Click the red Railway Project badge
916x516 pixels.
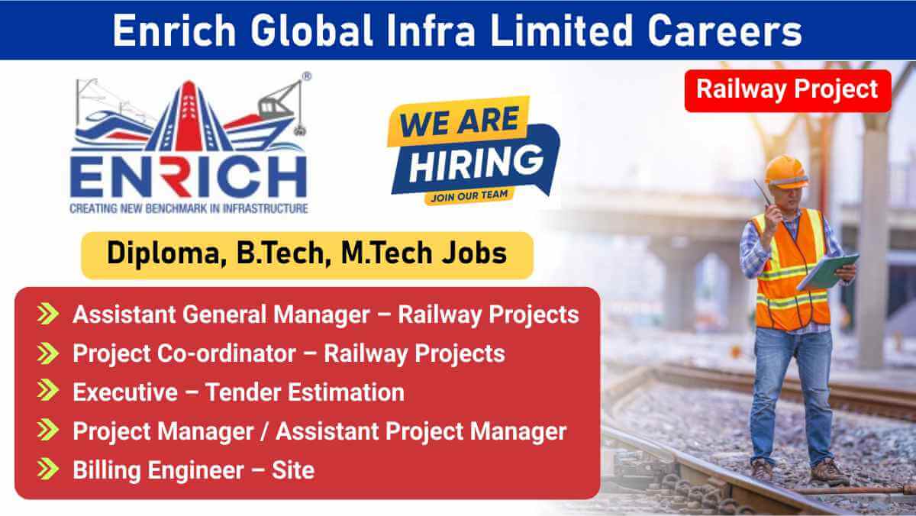pos(788,90)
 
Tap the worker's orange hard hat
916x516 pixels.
pos(785,170)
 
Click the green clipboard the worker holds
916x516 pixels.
pos(828,272)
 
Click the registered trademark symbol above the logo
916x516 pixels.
pos(306,76)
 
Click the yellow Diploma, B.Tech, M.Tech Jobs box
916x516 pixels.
pos(307,254)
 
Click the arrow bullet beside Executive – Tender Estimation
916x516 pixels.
pos(48,392)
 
